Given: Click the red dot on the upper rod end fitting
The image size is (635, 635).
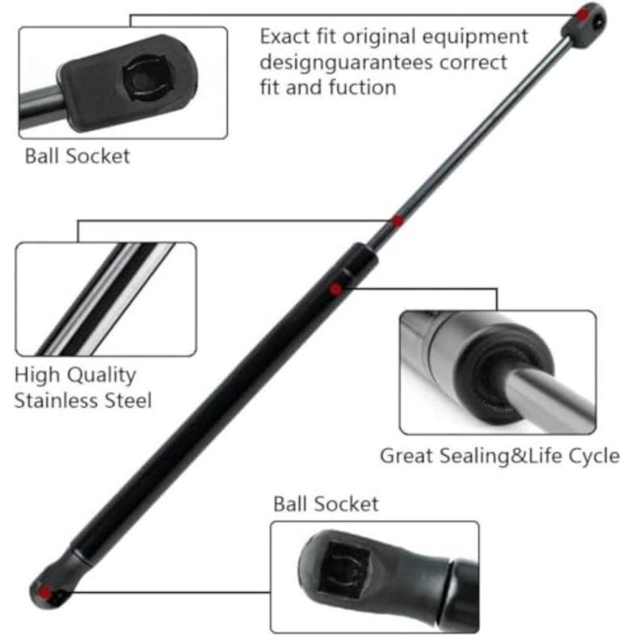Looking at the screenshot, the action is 582,15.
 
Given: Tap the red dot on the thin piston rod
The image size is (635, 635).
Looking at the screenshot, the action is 398,221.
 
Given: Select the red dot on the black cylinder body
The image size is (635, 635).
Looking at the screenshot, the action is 335,289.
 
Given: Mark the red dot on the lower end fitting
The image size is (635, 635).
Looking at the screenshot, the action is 44,593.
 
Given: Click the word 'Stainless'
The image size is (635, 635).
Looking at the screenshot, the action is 57,401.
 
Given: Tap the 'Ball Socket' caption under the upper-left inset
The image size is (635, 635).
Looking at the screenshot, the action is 77,156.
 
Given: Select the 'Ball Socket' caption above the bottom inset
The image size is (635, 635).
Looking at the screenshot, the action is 326,504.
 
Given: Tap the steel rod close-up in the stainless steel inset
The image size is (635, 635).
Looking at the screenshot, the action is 106,299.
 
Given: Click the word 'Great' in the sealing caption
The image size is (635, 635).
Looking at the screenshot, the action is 406,456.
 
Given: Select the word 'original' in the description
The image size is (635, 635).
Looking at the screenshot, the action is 379,37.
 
